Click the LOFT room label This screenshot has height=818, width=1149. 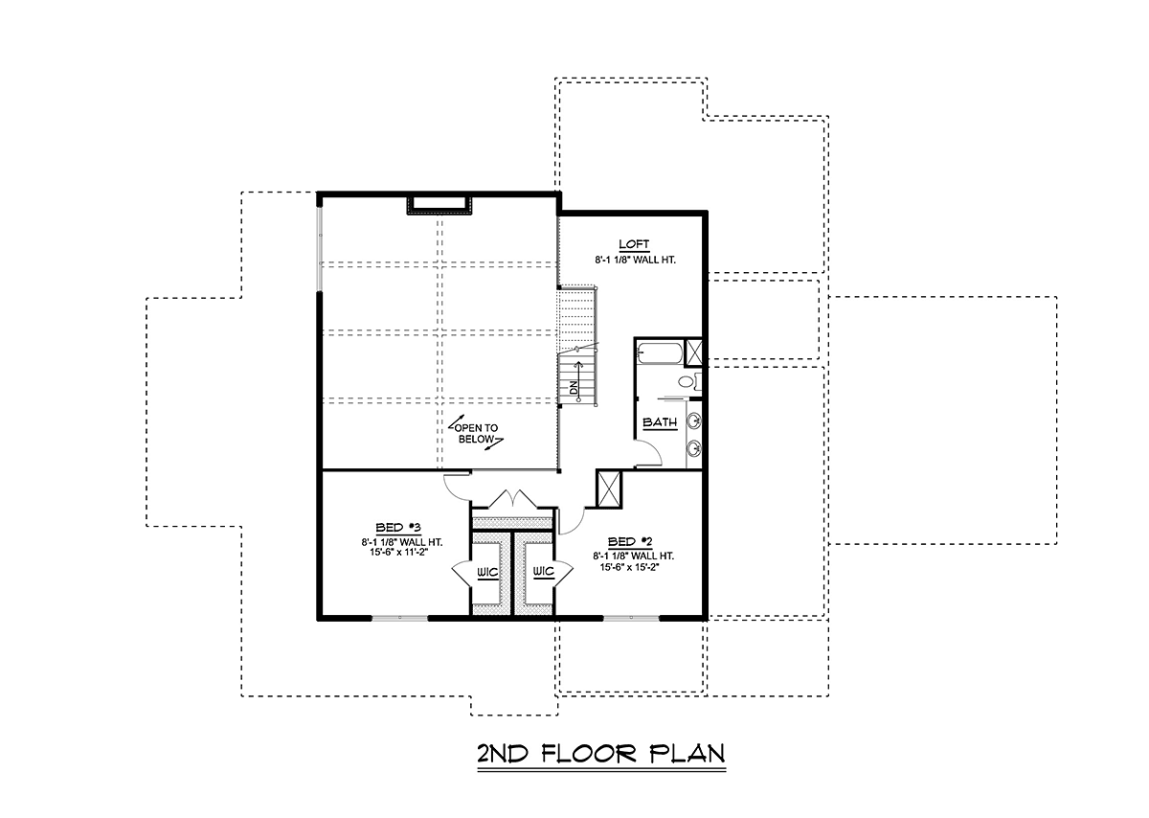pyautogui.click(x=634, y=244)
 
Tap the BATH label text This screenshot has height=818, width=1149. pyautogui.click(x=660, y=422)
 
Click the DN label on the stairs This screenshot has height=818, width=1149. pyautogui.click(x=574, y=388)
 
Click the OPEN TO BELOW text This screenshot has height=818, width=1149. pyautogui.click(x=476, y=434)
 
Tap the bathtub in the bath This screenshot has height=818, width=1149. pyautogui.click(x=660, y=353)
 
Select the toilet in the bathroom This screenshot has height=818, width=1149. pyautogui.click(x=687, y=381)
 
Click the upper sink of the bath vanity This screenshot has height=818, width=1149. pyautogui.click(x=693, y=421)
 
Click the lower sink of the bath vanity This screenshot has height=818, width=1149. pyautogui.click(x=693, y=449)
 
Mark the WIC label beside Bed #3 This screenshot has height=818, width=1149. pyautogui.click(x=487, y=572)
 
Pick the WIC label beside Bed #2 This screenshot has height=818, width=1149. pyautogui.click(x=543, y=571)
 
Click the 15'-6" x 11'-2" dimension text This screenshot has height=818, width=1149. pyautogui.click(x=398, y=552)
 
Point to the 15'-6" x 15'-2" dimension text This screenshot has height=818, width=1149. pyautogui.click(x=629, y=567)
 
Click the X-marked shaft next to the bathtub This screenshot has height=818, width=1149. pyautogui.click(x=693, y=352)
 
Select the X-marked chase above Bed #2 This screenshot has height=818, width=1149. pyautogui.click(x=609, y=489)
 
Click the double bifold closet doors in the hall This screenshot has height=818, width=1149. pyautogui.click(x=513, y=499)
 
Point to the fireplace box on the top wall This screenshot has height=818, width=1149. pyautogui.click(x=439, y=204)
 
